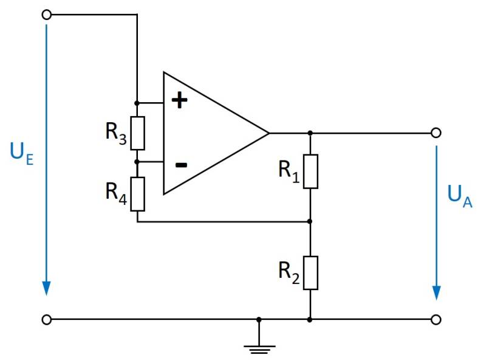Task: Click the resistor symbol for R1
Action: pyautogui.click(x=310, y=171)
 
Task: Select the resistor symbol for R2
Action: pyautogui.click(x=310, y=273)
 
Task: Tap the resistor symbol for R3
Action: pyautogui.click(x=138, y=133)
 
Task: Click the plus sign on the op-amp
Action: pyautogui.click(x=179, y=100)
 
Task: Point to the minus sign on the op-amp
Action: pyautogui.click(x=180, y=164)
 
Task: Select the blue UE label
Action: pyautogui.click(x=20, y=152)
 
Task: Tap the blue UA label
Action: pyautogui.click(x=459, y=198)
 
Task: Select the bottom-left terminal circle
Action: pyautogui.click(x=47, y=319)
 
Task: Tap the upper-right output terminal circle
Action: pyautogui.click(x=435, y=133)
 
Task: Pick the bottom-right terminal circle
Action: pyautogui.click(x=435, y=319)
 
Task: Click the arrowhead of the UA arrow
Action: pyautogui.click(x=436, y=291)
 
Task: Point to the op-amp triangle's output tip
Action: pyautogui.click(x=268, y=133)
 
